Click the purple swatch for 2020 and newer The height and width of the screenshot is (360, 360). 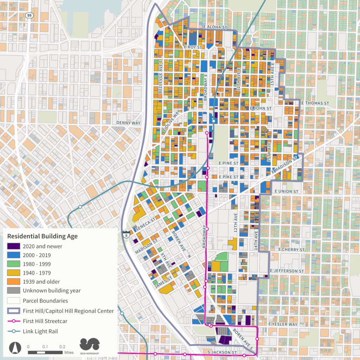pos(14,246)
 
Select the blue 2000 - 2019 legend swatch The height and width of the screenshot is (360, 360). pos(14,255)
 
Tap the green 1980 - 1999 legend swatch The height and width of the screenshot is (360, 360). pos(14,264)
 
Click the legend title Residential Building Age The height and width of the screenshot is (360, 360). pos(42,236)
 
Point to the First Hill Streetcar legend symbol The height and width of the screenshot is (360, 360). pos(14,321)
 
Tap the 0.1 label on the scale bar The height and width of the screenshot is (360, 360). pos(45,347)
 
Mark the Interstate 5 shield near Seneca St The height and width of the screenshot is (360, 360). pos(126,235)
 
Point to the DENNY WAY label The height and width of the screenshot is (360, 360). pos(128,123)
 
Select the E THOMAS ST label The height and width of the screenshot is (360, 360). pos(315,103)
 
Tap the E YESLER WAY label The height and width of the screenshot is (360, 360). pos(283,324)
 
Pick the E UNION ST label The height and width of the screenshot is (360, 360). pos(286,191)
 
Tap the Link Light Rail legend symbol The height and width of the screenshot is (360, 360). pos(14,331)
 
